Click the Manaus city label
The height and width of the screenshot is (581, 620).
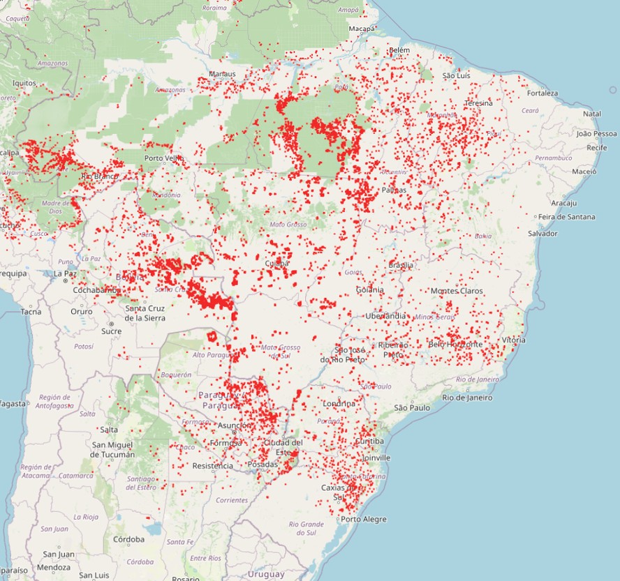click(x=222, y=74)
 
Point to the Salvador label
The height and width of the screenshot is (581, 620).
click(x=542, y=234)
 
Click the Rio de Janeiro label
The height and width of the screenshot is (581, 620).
click(x=467, y=398)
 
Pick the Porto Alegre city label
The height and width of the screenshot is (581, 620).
click(x=363, y=520)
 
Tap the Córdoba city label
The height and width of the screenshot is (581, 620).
click(x=129, y=539)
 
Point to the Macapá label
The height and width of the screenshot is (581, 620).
click(x=362, y=28)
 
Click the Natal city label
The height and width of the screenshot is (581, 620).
click(x=592, y=114)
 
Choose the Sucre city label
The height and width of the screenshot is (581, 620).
click(x=111, y=331)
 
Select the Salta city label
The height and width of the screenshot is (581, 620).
click(x=109, y=430)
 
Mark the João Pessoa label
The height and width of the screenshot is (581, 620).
click(x=597, y=133)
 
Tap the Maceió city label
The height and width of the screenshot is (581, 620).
click(x=584, y=171)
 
